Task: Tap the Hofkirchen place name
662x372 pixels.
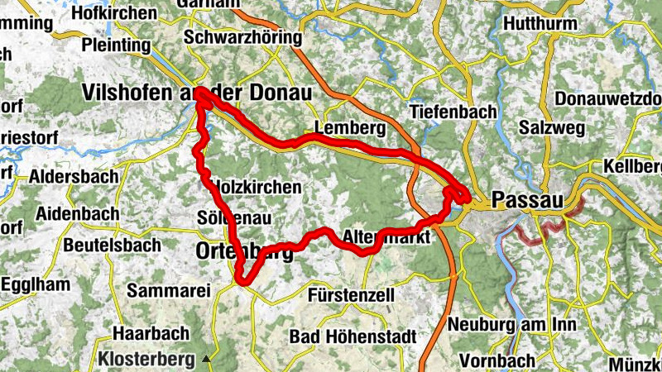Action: (x=115, y=13)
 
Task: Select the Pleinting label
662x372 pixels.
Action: (x=118, y=43)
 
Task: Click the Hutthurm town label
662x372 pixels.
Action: (x=540, y=24)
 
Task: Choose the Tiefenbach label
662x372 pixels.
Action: (x=453, y=112)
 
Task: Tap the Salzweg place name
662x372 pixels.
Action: (x=552, y=128)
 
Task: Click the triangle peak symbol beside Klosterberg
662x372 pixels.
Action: (x=207, y=360)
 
